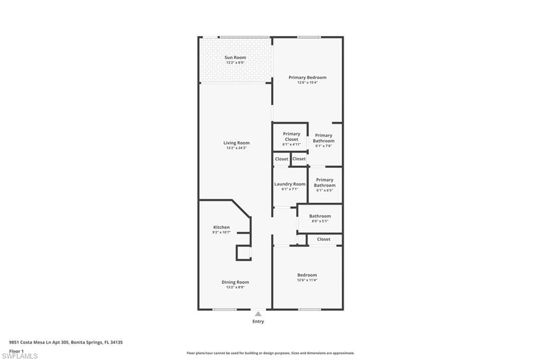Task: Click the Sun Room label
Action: point(235,58)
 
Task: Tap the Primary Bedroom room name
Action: point(307,78)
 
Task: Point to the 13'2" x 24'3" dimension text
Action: point(236,148)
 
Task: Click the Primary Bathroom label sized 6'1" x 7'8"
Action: point(324,138)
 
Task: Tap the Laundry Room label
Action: point(290,184)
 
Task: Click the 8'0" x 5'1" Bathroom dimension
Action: point(320,221)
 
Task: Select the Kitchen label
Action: point(221,227)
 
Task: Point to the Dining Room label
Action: point(235,282)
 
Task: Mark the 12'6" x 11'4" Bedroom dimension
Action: point(307,280)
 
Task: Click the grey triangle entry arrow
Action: point(258,314)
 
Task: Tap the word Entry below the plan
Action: point(258,321)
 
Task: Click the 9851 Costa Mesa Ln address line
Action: point(66,343)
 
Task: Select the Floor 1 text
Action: point(17,350)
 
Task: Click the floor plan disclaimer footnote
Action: point(270,353)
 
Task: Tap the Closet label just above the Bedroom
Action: point(323,239)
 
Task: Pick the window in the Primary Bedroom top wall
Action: point(309,37)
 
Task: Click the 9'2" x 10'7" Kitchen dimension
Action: point(221,232)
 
